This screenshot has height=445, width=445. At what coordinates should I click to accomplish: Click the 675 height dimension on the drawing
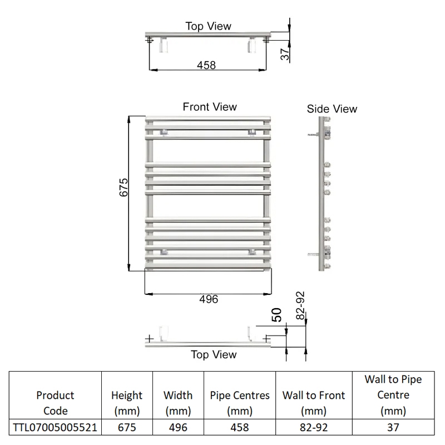pos(123,187)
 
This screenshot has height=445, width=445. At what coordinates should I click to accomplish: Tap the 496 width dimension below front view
pos(209,299)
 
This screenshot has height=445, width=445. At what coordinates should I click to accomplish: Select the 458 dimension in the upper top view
pos(206,65)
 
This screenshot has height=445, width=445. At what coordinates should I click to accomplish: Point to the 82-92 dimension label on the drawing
pos(300,305)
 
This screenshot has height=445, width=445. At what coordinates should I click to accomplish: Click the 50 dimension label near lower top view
pos(276,315)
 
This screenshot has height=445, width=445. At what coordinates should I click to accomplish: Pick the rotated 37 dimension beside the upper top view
pos(285,54)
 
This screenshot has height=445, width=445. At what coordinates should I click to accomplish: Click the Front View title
pos(210,107)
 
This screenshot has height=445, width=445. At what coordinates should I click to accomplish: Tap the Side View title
pos(332,108)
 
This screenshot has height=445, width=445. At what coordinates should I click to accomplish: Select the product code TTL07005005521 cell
pos(55,427)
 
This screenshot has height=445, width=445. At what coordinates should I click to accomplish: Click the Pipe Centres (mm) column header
pos(240,403)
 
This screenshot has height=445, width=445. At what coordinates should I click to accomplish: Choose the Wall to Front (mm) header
pos(314,403)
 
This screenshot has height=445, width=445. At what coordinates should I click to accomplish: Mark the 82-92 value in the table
pos(314,427)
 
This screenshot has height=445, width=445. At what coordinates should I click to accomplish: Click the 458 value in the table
pos(240,427)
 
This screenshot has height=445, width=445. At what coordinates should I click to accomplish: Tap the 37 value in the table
pos(393,427)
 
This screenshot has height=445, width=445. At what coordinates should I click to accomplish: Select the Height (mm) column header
pos(127,403)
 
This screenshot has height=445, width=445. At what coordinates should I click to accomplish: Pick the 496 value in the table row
pos(178,427)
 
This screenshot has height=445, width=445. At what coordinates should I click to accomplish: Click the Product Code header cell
pos(55,403)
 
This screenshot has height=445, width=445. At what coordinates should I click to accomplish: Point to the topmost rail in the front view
pos(208,118)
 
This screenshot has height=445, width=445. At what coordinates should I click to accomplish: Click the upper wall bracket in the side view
pos(313,135)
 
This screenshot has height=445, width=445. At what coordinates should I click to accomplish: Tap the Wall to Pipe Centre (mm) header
pos(393,395)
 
